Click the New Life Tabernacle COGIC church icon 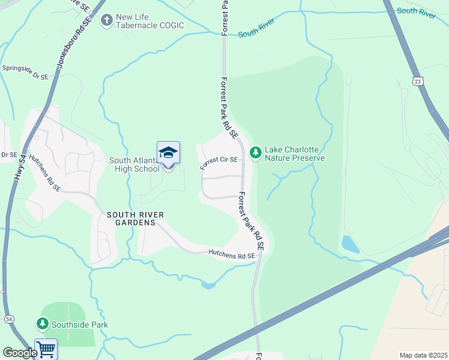coord(107,20)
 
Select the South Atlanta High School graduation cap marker coord(168,154)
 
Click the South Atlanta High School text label coord(134,164)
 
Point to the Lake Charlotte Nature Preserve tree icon coord(256,153)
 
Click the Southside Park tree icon coord(42,325)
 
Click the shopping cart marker coord(46,349)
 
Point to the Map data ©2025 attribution coord(423,355)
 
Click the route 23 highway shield coord(417,80)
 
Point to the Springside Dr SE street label coord(25,71)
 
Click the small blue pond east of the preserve coord(348,244)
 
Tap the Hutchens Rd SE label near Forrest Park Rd coord(232,255)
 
